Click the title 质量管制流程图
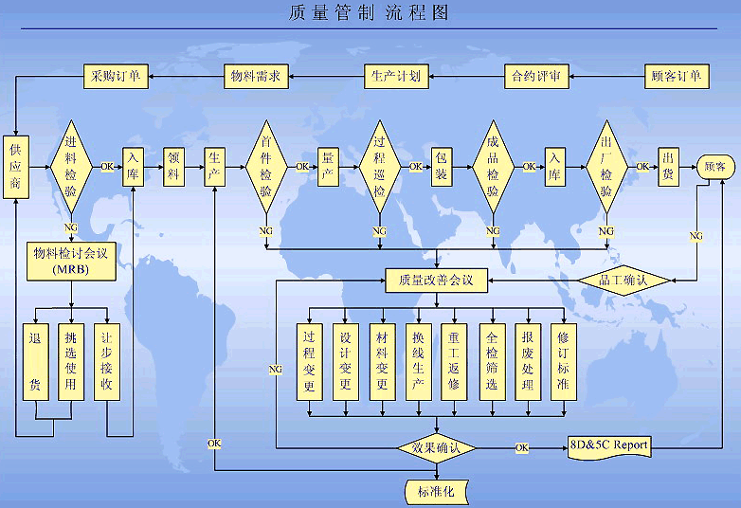(x=370, y=12)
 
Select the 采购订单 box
(x=114, y=76)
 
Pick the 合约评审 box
(x=536, y=76)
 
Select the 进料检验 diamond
(x=71, y=168)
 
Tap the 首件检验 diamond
(x=266, y=168)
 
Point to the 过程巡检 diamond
(x=379, y=168)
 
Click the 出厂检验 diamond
(x=605, y=168)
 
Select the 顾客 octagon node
(x=715, y=167)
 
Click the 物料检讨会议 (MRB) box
(x=71, y=261)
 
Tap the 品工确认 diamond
(x=624, y=281)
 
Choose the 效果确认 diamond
(x=436, y=447)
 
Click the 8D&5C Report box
(x=610, y=445)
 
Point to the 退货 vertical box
(x=35, y=360)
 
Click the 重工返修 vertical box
(x=454, y=360)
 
